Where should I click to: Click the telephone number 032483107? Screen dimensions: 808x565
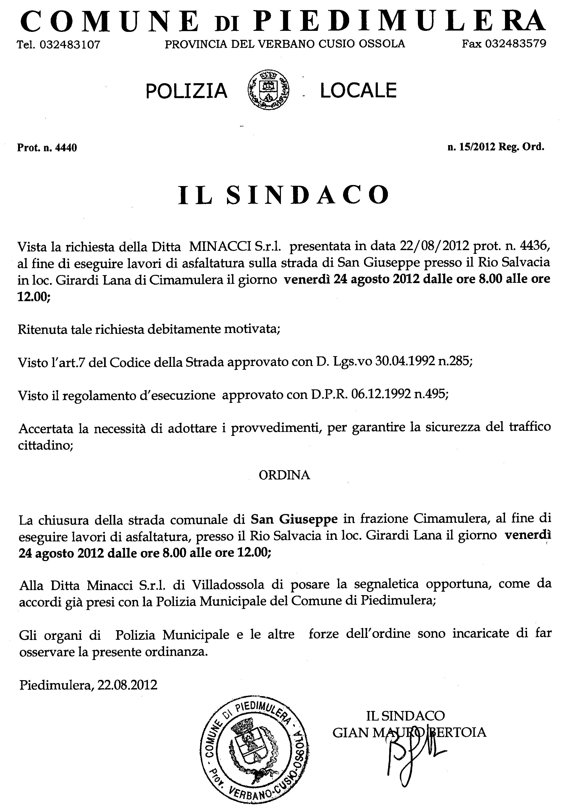coord(70,45)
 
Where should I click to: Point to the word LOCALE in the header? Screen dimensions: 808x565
coord(358,90)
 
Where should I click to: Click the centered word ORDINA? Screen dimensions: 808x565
coord(284,475)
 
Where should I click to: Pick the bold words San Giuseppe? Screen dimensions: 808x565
coord(294,519)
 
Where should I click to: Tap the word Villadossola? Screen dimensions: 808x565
coord(228,584)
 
